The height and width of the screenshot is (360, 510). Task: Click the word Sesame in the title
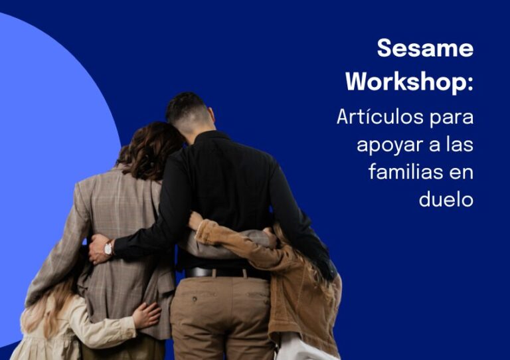click(425, 48)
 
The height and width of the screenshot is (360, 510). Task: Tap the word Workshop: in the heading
click(409, 82)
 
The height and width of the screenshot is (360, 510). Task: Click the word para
click(451, 118)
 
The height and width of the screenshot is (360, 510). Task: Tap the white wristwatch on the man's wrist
click(108, 249)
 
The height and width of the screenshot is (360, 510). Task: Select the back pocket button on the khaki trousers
click(195, 299)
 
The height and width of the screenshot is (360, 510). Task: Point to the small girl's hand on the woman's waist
click(146, 315)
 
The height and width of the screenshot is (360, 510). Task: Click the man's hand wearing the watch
click(98, 248)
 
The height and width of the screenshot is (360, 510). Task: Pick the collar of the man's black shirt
click(211, 135)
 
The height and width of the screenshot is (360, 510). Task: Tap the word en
click(462, 173)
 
